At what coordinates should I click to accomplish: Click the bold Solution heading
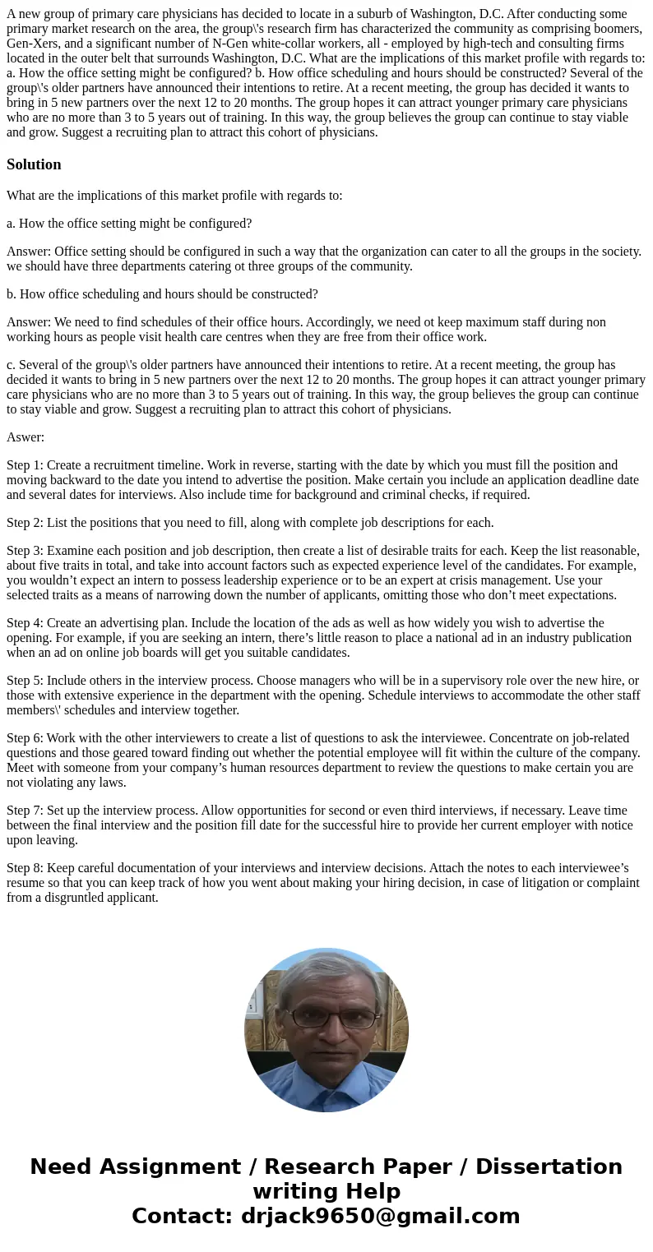click(x=34, y=164)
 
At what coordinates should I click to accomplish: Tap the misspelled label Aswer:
click(x=25, y=437)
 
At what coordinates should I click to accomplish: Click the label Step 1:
click(x=25, y=465)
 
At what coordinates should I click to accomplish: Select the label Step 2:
click(x=25, y=523)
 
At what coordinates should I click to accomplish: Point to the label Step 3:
click(x=25, y=551)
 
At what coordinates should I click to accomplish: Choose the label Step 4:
click(x=25, y=623)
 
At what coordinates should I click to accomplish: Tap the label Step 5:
click(x=25, y=681)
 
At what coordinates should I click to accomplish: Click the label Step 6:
click(x=25, y=738)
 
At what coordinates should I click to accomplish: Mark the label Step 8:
click(x=25, y=868)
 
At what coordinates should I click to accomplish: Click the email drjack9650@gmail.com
click(x=380, y=1217)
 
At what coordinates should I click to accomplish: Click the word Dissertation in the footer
click(x=549, y=1167)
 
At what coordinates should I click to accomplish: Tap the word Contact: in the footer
click(x=183, y=1217)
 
